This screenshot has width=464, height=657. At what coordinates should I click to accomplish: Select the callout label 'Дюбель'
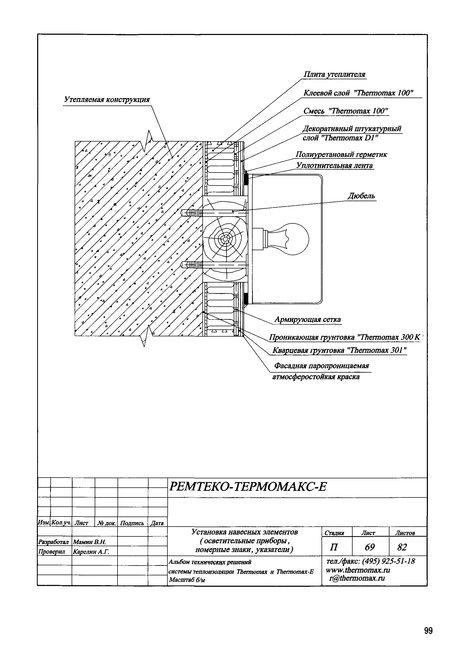(361, 196)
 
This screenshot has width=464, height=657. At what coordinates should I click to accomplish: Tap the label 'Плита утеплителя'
(334, 74)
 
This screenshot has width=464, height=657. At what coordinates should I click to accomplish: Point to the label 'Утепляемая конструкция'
(107, 100)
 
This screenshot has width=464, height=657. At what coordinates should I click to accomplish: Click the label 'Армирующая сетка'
(308, 319)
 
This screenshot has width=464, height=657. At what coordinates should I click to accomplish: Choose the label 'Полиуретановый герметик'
(341, 155)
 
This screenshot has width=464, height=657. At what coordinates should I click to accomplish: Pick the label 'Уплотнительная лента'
(334, 165)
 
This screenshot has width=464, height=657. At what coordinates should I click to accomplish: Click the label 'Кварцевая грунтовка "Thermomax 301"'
(339, 350)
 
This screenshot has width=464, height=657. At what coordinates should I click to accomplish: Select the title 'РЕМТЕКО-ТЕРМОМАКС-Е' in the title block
(248, 486)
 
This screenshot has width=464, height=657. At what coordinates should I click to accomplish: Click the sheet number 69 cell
(370, 547)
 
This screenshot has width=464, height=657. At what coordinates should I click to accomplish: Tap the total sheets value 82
(402, 547)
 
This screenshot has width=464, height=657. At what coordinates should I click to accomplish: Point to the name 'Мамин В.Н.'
(90, 542)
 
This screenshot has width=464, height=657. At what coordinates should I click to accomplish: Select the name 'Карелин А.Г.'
(91, 552)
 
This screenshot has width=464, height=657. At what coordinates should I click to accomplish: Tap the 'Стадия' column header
(334, 533)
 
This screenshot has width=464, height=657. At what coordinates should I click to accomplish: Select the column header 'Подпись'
(132, 523)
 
